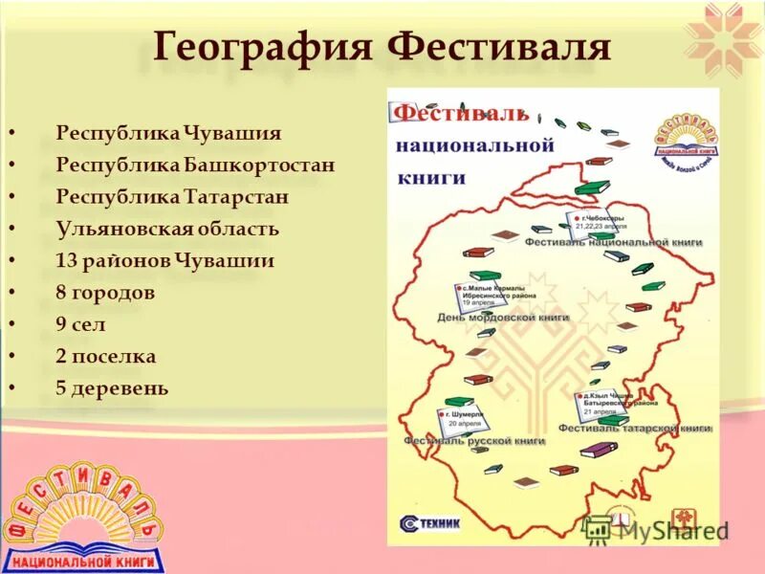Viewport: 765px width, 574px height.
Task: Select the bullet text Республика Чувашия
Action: (x=168, y=133)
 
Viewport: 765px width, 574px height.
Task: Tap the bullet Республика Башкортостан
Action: (x=195, y=165)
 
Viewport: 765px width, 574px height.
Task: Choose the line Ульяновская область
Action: (x=167, y=229)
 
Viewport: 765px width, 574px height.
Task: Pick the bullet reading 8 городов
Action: (x=105, y=293)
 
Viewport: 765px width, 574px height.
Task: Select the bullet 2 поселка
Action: (x=105, y=356)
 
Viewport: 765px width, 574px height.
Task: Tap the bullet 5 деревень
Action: (x=112, y=388)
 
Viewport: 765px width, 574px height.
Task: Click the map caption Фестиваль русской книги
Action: (x=473, y=441)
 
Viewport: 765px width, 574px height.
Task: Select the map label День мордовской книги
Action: (x=503, y=317)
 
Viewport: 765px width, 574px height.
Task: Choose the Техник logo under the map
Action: (x=431, y=522)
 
